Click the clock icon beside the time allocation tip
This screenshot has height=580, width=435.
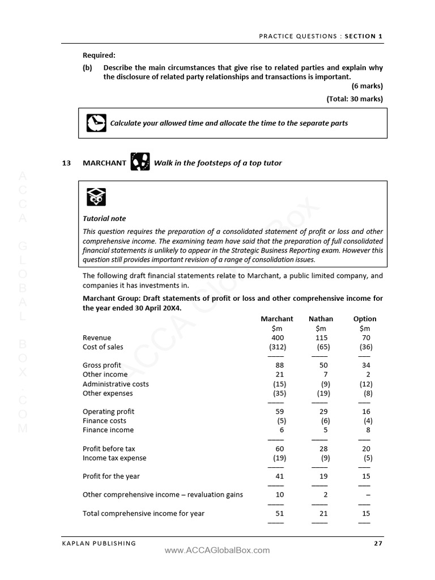click(96, 122)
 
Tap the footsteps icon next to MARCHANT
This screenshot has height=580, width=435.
click(140, 162)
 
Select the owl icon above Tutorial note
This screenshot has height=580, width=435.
click(96, 197)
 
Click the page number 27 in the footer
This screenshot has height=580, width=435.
click(378, 543)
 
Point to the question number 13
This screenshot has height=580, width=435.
click(66, 163)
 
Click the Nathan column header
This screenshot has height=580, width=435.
click(321, 319)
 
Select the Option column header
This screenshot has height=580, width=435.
click(364, 319)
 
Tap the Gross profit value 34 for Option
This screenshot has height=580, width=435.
click(366, 365)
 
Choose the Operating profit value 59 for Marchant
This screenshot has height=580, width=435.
click(279, 412)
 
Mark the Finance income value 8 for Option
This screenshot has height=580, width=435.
click(368, 430)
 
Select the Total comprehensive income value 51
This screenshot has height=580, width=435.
click(279, 513)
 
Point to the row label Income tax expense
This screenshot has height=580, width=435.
click(114, 458)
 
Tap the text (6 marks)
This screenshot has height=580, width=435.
click(367, 86)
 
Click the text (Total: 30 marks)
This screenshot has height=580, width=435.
click(355, 99)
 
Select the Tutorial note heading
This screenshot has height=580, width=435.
click(104, 219)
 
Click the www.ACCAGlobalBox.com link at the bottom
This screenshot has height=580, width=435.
click(217, 550)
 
